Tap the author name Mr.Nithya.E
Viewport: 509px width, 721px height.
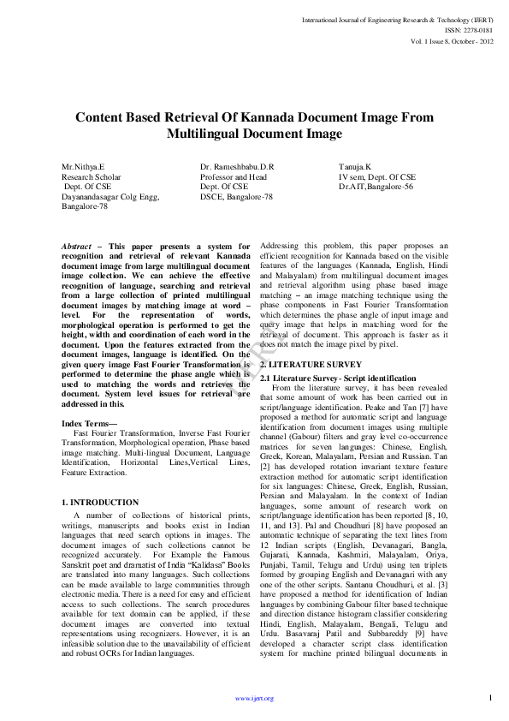(82, 166)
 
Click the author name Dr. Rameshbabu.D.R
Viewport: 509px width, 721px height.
(237, 166)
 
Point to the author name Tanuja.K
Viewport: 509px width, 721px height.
(355, 166)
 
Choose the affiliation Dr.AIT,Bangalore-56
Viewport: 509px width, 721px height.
(376, 186)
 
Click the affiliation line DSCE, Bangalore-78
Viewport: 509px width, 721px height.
(236, 196)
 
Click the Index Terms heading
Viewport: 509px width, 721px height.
(91, 423)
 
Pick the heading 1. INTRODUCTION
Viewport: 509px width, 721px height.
(100, 502)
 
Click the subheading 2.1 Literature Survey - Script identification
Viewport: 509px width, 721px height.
(338, 378)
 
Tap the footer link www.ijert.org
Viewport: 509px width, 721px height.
(254, 698)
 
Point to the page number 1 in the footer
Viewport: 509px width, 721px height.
(490, 698)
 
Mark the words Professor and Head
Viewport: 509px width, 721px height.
(233, 176)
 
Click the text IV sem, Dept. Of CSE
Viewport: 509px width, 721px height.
(376, 176)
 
